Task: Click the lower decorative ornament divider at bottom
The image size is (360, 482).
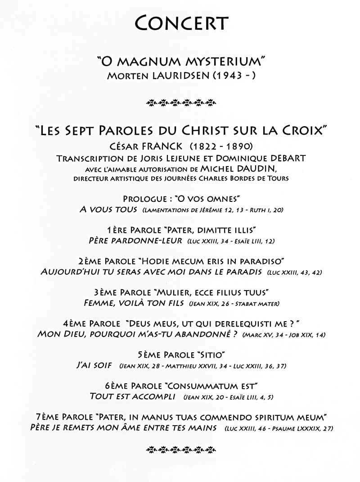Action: pos(181,449)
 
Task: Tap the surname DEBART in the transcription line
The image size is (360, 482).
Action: pos(284,158)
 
